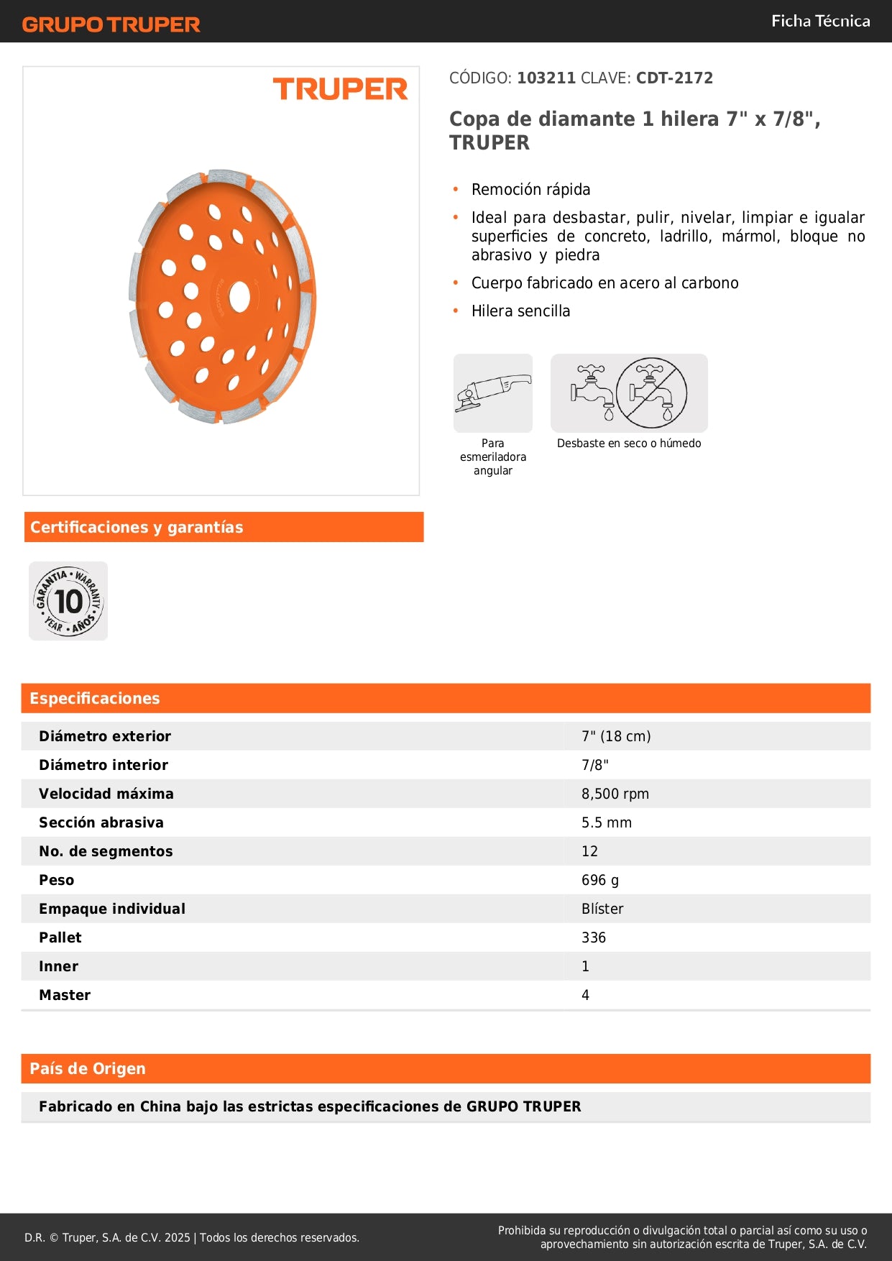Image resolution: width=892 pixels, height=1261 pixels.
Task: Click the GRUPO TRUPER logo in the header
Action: pos(111,24)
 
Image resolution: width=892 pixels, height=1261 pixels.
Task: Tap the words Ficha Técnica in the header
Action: pos(820,21)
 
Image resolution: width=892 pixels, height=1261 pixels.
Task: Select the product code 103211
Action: pos(546,78)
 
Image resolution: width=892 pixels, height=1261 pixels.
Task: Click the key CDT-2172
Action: pos(674,78)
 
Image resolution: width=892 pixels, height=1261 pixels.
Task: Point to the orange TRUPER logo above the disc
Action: pos(340,89)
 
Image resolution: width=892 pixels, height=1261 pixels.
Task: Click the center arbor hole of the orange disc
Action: pos(239,295)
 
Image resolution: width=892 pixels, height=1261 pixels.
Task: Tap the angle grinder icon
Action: pos(492,393)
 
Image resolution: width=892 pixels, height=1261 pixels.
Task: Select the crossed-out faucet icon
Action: pos(651,393)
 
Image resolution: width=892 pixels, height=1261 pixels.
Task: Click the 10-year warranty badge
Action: pos(68,601)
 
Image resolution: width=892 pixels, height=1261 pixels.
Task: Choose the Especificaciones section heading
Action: pos(95,698)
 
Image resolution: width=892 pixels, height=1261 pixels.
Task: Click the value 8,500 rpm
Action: pos(615,794)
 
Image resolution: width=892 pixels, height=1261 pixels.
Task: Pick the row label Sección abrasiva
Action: pos(101,822)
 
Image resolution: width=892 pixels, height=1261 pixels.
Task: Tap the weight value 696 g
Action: pos(599,880)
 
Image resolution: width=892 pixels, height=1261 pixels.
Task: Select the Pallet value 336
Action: pos(593,937)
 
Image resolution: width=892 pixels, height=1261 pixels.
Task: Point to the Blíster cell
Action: pos(602,909)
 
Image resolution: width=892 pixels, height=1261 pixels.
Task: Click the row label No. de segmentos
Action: pos(106,851)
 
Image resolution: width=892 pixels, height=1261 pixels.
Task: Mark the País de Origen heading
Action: pos(88,1068)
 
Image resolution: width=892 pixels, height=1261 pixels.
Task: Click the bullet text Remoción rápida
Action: pos(530,190)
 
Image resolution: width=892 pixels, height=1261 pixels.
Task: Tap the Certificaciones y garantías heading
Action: pos(137,527)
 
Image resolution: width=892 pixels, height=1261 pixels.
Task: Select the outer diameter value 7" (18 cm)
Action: pos(616,736)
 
